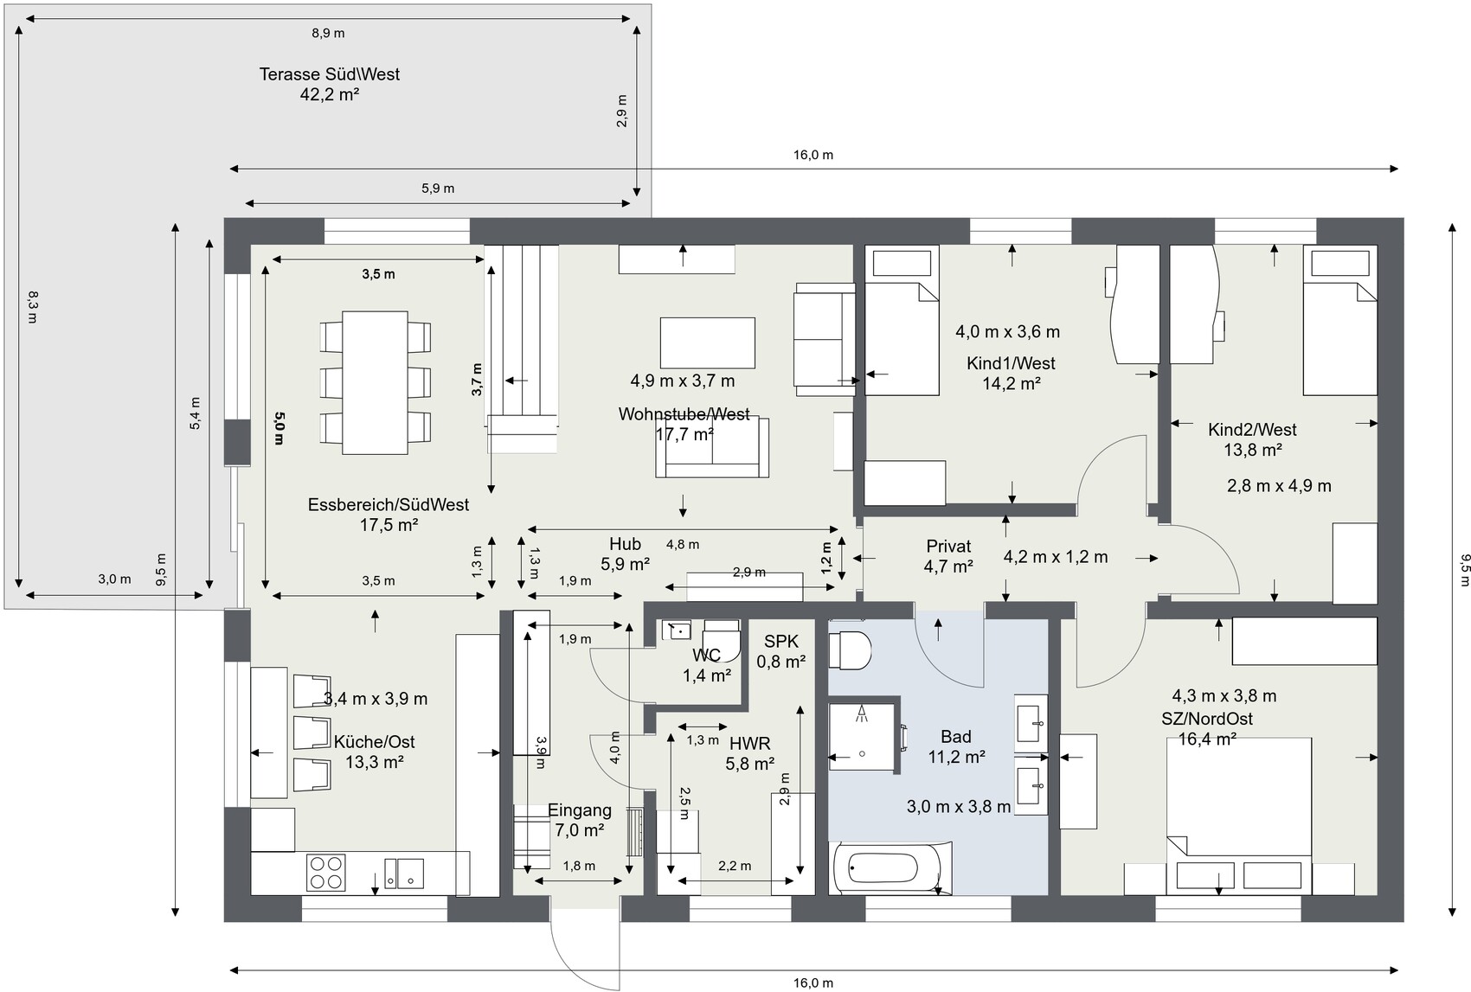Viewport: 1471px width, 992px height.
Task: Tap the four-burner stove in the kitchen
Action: [x=325, y=873]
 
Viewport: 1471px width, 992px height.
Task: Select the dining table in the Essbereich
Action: [x=375, y=383]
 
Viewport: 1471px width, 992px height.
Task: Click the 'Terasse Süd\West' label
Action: [x=330, y=74]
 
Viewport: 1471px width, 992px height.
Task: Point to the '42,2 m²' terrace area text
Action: [x=330, y=94]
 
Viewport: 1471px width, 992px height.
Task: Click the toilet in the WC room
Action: [x=722, y=641]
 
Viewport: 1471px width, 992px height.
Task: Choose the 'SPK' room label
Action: [x=781, y=641]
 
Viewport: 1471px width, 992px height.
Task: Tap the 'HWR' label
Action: [x=750, y=744]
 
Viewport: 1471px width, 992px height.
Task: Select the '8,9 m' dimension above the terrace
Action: [x=328, y=33]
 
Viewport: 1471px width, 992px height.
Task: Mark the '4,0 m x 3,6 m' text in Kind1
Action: [x=1007, y=332]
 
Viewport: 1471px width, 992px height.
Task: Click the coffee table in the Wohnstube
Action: [x=707, y=342]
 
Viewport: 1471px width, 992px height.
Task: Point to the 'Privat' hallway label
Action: [x=948, y=547]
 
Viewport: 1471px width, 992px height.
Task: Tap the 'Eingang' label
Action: [x=580, y=810]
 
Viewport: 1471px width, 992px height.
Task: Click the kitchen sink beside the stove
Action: [x=404, y=874]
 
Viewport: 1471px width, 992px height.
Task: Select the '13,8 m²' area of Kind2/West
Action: [x=1253, y=451]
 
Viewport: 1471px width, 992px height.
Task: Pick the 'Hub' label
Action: [x=625, y=544]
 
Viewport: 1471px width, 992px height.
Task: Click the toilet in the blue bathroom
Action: [x=850, y=650]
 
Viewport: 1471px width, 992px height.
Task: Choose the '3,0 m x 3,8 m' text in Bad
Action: [x=959, y=807]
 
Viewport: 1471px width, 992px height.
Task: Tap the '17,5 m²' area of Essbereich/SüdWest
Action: [x=389, y=525]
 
